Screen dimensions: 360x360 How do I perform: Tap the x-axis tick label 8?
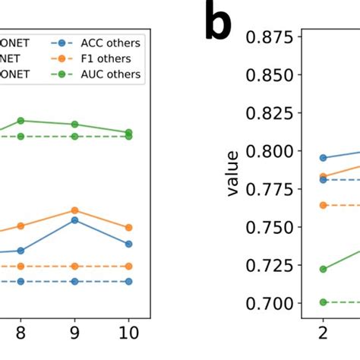tap(21, 332)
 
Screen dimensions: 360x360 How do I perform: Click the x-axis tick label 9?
tap(74, 332)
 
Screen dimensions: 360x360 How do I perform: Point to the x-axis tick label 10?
tap(128, 332)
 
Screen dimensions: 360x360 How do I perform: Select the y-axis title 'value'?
tap(233, 173)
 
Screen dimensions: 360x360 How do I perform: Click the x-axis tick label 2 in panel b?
tap(323, 332)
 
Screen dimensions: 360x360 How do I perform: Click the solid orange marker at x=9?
tap(74, 210)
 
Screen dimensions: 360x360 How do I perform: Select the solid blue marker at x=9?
tap(74, 220)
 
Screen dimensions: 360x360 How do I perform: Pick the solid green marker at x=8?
tap(21, 121)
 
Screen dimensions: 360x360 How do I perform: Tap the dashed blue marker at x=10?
tap(128, 281)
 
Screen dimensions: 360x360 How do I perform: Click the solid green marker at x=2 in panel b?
tap(323, 269)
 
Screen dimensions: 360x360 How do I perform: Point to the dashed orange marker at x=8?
tap(21, 267)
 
